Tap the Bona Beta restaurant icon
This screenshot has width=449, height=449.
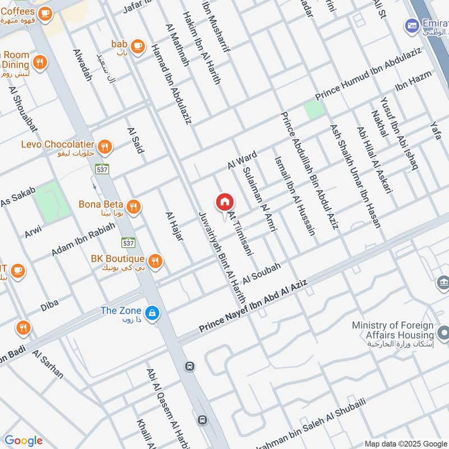133,207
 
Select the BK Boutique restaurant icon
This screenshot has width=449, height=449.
155,260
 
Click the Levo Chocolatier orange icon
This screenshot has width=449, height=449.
104,147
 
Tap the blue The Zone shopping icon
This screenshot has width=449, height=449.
150,314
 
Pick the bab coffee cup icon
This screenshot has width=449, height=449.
137,45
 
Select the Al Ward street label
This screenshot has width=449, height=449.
242,160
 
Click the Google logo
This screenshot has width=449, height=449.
23,441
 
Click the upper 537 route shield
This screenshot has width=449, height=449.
102,168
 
